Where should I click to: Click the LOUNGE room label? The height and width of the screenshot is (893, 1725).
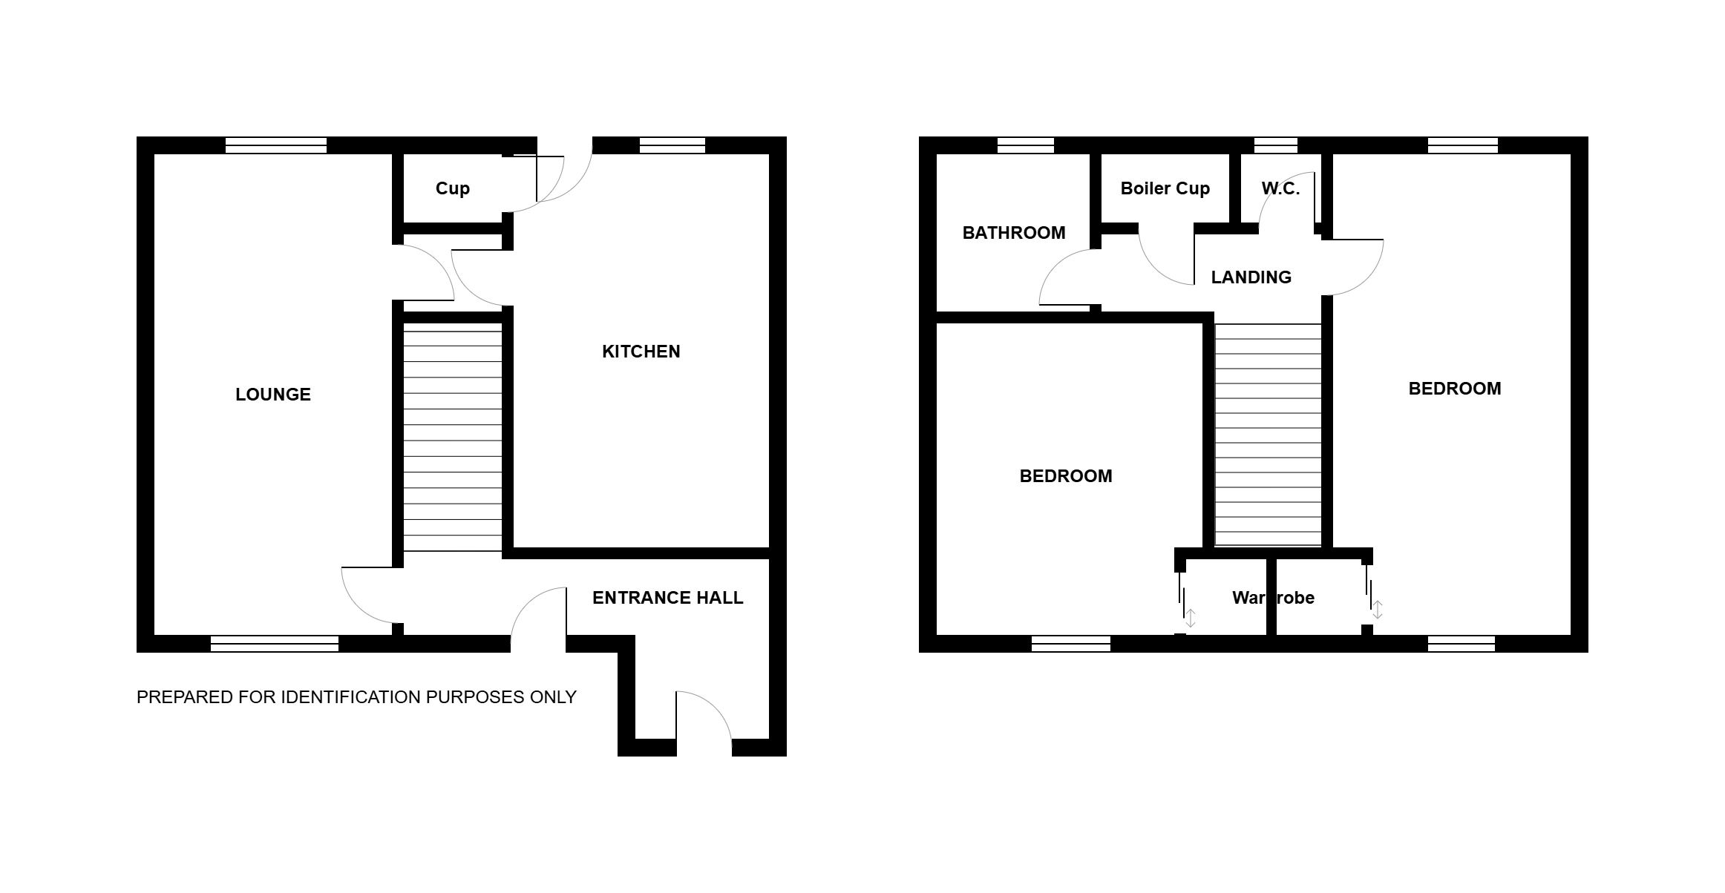pos(273,395)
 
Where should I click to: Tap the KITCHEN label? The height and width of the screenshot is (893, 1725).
pos(641,352)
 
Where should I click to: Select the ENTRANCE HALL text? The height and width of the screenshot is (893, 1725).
pos(668,598)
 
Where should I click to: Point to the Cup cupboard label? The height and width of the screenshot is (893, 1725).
pos(453,188)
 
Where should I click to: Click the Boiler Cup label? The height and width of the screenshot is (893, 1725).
pos(1165,188)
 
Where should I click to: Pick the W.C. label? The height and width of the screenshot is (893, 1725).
pos(1281,188)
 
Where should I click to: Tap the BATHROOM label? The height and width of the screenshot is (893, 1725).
pos(1014,233)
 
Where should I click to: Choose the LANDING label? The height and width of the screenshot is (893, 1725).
pos(1251,277)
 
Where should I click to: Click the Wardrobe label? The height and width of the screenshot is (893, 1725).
pos(1274,598)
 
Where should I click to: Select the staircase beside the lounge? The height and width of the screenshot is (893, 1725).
pos(452,437)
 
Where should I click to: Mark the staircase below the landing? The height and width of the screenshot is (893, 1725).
pos(1269,435)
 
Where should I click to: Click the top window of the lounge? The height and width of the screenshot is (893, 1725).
pos(276,145)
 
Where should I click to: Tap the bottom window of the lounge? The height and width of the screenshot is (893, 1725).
pos(275,644)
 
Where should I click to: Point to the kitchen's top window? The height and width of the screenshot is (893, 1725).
pos(672,145)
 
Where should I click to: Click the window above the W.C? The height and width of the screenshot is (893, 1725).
pos(1276,145)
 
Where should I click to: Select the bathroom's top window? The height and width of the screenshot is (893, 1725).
pos(1026,145)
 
